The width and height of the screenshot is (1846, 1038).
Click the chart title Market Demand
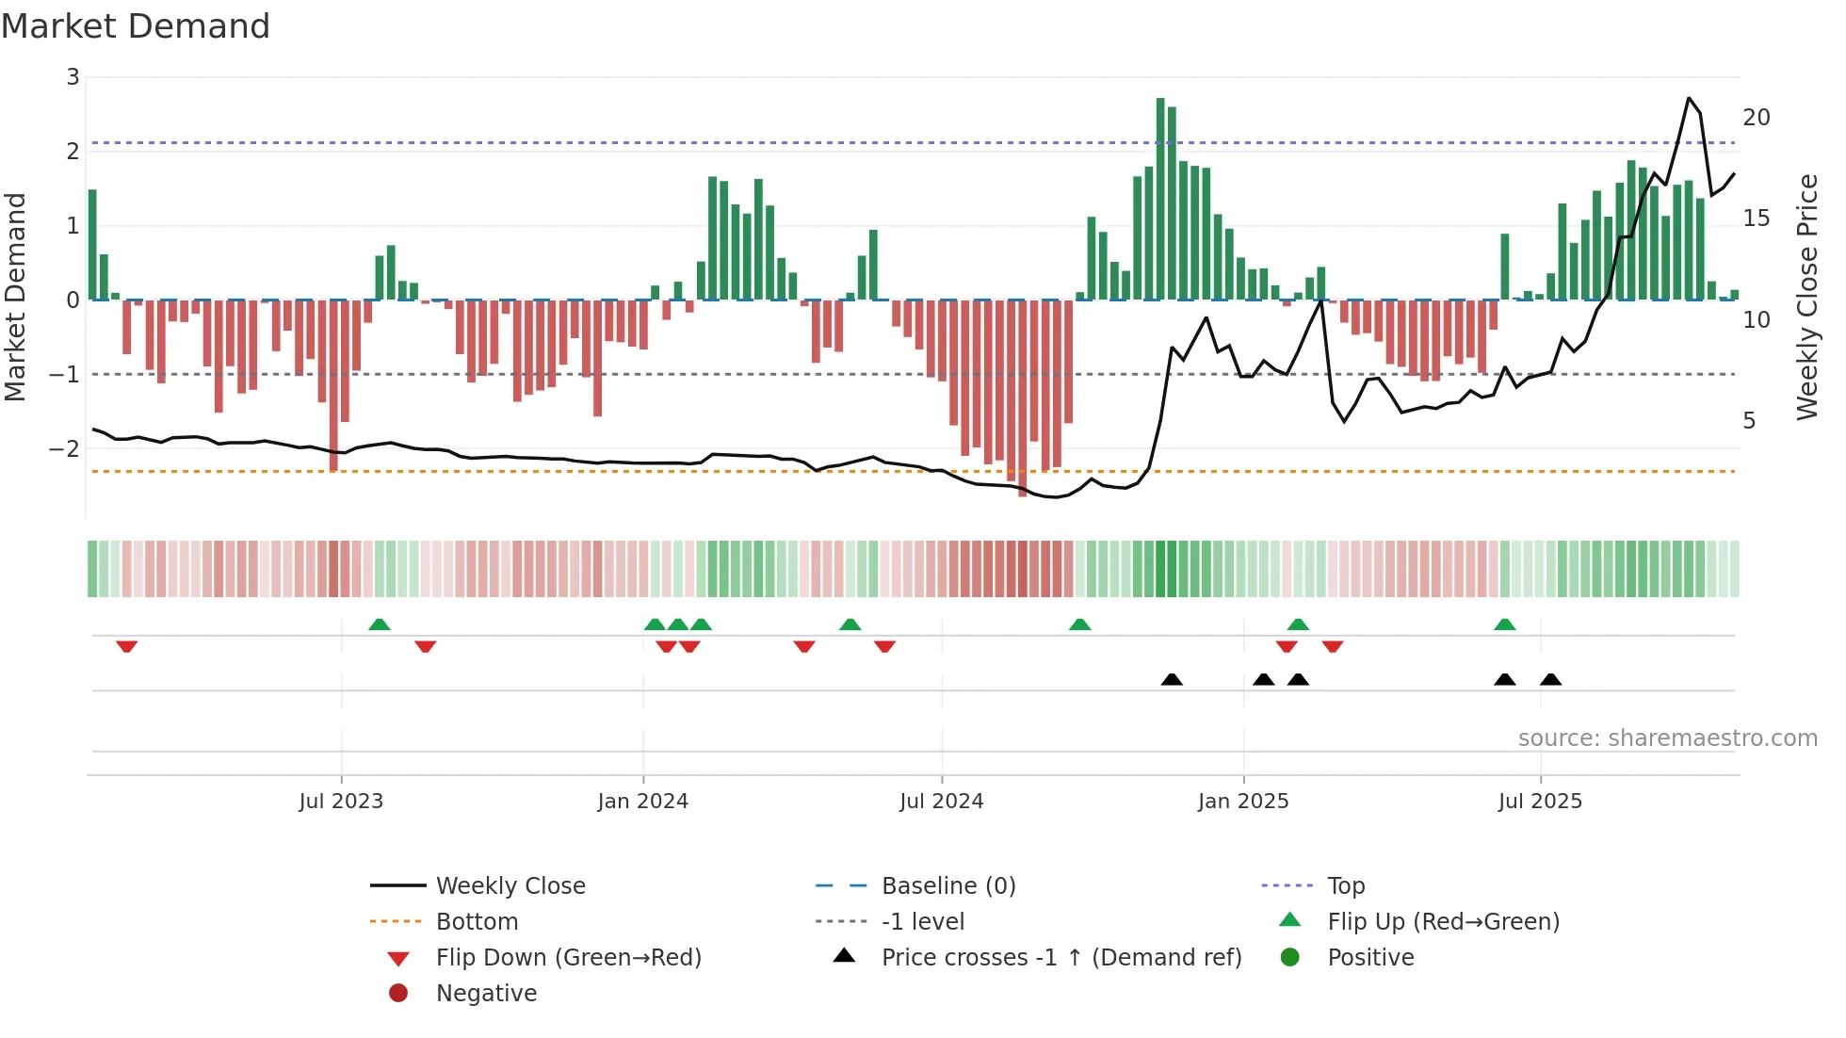point(136,26)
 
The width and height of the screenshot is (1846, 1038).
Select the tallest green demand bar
point(1160,198)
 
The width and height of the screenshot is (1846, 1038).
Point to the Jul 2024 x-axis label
point(941,802)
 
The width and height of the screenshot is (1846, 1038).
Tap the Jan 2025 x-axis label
point(1243,802)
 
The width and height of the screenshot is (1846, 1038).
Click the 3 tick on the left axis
point(73,77)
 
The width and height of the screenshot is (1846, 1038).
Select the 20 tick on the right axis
point(1757,118)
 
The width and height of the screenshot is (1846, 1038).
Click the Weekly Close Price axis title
point(1806,297)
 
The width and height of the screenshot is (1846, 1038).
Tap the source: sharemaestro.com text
point(1667,738)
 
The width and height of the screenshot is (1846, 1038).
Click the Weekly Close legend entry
point(510,886)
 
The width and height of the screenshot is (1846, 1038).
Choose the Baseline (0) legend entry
point(948,886)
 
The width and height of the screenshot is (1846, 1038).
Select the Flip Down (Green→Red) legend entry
point(568,958)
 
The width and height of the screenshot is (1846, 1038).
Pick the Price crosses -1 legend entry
point(1061,958)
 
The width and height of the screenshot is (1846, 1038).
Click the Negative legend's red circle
point(398,993)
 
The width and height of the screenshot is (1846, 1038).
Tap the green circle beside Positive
point(1290,957)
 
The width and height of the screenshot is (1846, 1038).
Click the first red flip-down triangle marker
point(127,646)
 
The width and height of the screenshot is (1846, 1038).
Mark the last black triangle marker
point(1550,679)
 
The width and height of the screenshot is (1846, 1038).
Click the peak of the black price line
point(1689,98)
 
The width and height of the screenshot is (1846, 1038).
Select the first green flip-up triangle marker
point(379,624)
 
